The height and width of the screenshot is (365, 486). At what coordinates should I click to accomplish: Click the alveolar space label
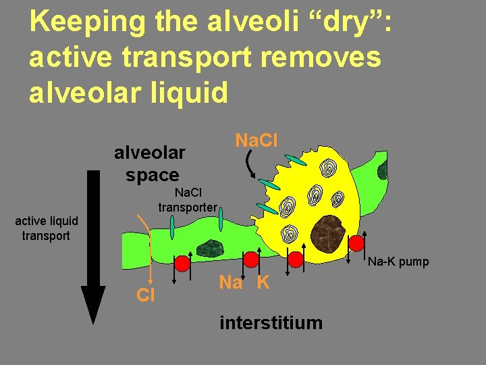click(149, 164)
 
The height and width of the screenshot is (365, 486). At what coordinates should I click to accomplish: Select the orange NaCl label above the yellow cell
click(256, 141)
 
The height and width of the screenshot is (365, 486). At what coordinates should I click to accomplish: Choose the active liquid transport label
click(47, 228)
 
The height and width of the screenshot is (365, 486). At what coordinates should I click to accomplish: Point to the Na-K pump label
click(398, 262)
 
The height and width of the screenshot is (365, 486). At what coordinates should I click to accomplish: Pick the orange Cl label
click(145, 295)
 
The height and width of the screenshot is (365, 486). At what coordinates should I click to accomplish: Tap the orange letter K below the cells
click(263, 283)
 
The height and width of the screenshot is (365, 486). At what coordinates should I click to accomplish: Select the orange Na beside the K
click(230, 283)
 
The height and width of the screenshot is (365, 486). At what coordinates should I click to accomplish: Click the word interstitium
click(271, 322)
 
